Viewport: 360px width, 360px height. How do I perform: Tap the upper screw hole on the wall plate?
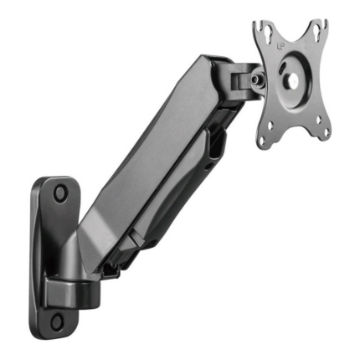pyautogui.click(x=60, y=193)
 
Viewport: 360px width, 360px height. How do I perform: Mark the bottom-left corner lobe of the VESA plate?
pyautogui.click(x=263, y=140)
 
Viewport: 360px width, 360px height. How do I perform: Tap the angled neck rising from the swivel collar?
pyautogui.click(x=84, y=251)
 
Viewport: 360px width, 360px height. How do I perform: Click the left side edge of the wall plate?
pyautogui.click(x=35, y=251)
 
